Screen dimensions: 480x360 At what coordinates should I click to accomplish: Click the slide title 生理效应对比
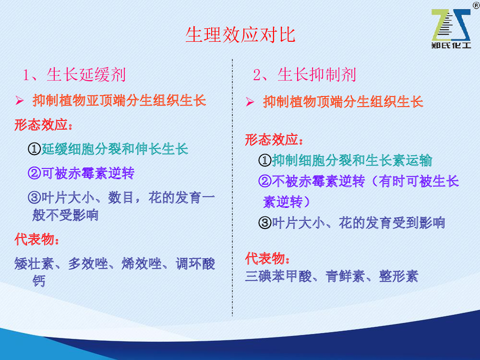pos(240,35)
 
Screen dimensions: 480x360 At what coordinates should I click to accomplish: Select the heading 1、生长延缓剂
pos(74,75)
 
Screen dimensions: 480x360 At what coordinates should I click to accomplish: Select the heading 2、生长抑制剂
pos(305,75)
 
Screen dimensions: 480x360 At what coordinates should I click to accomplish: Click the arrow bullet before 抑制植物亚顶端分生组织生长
pos(20,100)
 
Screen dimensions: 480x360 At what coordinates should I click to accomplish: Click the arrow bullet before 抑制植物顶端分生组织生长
pos(250,102)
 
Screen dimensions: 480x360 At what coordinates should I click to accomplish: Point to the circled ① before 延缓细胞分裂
pos(34,149)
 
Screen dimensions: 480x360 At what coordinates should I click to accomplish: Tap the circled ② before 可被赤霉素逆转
pos(34,173)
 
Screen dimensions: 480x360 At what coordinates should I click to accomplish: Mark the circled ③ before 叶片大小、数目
pos(34,197)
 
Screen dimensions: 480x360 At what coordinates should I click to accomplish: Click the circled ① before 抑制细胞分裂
pos(265,160)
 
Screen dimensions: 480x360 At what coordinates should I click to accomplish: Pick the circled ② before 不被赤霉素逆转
pos(265,181)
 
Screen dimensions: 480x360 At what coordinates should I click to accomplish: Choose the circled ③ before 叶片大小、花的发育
pos(265,223)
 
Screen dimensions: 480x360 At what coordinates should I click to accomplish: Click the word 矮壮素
pos(34,264)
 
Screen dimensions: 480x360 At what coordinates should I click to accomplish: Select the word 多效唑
pos(88,264)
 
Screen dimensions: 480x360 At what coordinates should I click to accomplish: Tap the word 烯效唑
pos(142,264)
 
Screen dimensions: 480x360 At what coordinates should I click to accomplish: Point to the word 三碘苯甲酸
pos(278,276)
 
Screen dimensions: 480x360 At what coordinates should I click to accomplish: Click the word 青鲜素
pos(345,276)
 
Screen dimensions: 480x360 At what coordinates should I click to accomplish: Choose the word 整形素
pos(398,276)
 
